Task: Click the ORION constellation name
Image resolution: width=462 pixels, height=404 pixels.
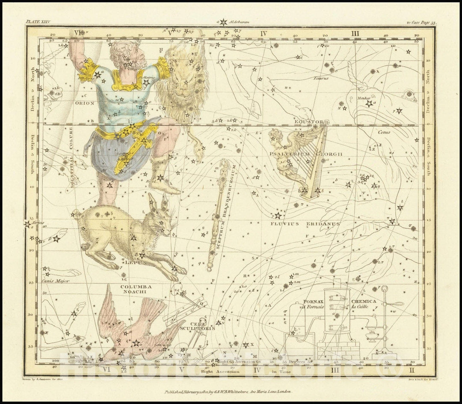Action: click(84, 103)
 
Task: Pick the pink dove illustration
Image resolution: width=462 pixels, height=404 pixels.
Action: click(137, 330)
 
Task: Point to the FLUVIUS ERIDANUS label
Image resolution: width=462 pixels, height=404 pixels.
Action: click(305, 223)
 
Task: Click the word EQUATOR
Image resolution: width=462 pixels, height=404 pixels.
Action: click(308, 122)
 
